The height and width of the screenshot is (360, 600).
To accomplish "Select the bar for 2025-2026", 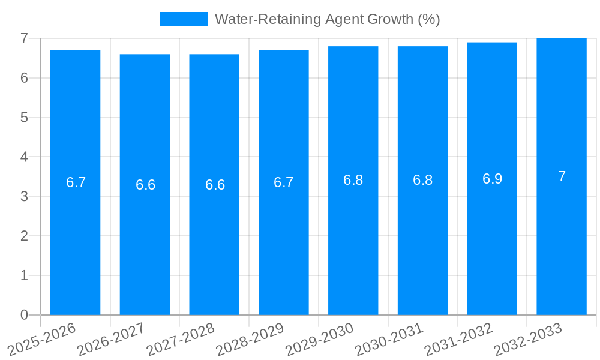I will [x=75, y=240].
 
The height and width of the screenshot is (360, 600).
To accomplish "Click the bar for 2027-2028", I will [x=214, y=240].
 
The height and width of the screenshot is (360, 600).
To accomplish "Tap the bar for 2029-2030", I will [x=353, y=240].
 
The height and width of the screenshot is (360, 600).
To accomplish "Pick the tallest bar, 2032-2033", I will [x=562, y=240].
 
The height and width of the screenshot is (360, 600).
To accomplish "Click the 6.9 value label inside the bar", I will [x=492, y=179].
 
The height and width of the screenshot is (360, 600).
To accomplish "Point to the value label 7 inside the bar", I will [x=562, y=176].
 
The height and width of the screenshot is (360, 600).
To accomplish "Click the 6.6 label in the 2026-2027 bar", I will [x=145, y=185].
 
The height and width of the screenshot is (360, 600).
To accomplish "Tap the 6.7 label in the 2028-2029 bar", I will [x=284, y=182].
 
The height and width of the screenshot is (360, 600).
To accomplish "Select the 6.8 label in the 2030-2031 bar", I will [x=422, y=180].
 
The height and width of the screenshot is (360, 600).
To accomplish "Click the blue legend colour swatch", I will [x=183, y=19].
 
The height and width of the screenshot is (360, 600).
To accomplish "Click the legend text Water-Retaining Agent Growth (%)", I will [x=327, y=19].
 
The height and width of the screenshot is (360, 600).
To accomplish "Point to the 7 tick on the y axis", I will [x=24, y=38].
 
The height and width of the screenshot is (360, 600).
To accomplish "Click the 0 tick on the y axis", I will [x=24, y=315].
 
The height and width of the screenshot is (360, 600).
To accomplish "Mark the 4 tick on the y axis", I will [x=24, y=157].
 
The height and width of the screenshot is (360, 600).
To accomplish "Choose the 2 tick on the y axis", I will [x=24, y=236].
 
